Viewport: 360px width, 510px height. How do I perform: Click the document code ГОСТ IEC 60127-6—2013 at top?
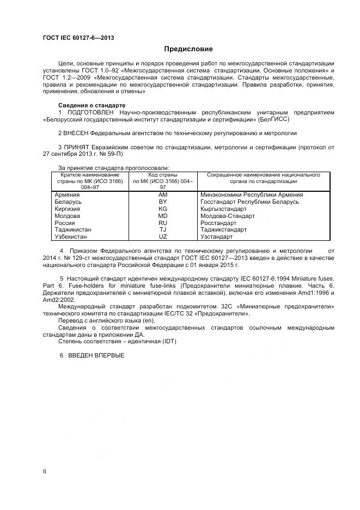click(78, 37)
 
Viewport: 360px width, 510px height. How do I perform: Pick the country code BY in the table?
click(162, 202)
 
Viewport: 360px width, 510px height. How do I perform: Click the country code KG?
click(162, 209)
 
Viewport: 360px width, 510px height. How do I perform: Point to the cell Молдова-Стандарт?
click(227, 216)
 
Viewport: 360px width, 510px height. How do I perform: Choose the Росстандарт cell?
click(218, 223)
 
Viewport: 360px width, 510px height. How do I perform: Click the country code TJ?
click(162, 230)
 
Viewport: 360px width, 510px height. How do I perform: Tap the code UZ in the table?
click(162, 237)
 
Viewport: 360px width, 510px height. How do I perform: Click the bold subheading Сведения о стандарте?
click(91, 105)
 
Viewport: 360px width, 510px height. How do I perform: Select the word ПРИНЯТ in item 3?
click(76, 147)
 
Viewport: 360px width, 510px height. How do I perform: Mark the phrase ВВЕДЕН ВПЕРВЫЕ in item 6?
click(96, 355)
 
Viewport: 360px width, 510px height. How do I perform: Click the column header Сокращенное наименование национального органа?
click(263, 179)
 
